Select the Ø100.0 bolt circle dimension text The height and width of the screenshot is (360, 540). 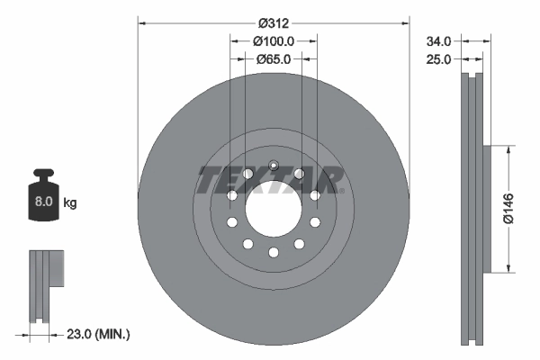click(x=273, y=41)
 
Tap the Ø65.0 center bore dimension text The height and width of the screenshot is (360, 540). click(x=273, y=59)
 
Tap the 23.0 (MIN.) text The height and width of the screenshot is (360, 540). click(x=99, y=334)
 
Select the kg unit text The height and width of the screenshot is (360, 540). click(x=70, y=203)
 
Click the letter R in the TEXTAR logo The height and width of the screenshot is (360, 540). click(x=327, y=179)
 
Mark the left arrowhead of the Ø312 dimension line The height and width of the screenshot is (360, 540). click(x=141, y=21)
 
